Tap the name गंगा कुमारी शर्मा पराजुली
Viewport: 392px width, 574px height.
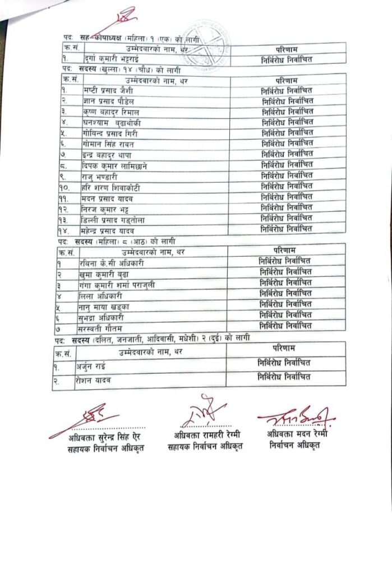coord(116,285)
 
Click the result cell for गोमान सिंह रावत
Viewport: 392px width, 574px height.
coord(287,143)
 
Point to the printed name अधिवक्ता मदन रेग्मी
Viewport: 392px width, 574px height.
coord(297,434)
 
